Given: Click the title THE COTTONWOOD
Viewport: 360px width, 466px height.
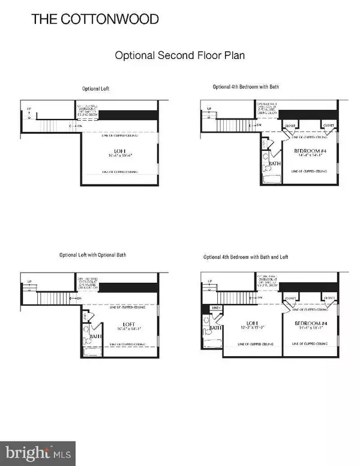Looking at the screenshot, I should [95, 19].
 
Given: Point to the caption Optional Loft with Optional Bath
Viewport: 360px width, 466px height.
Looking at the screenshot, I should [92, 255].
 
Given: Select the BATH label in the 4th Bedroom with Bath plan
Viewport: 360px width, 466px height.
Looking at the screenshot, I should [275, 163].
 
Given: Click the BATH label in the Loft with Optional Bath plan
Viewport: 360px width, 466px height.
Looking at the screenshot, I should [93, 337].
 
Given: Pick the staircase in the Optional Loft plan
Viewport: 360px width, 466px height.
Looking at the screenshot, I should [54, 126].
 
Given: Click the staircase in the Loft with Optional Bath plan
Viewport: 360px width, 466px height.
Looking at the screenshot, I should [54, 298].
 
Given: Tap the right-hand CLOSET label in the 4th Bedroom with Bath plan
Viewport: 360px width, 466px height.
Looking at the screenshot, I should [329, 126].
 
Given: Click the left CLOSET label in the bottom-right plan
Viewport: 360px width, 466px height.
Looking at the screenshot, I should [290, 297].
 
